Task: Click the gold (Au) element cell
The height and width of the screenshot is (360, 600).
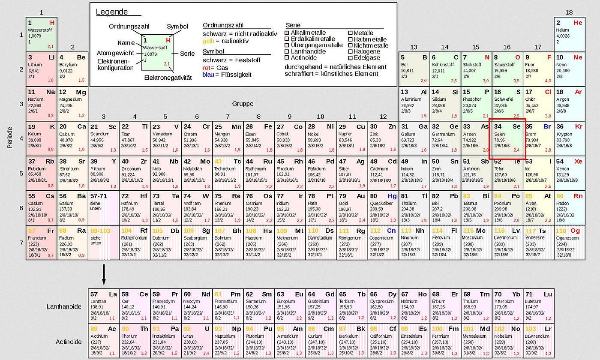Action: point(352,208)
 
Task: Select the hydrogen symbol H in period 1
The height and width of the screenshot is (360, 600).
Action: point(52,23)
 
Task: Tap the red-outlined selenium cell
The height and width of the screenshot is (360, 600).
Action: point(507,138)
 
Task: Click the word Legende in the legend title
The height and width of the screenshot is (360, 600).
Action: point(112,12)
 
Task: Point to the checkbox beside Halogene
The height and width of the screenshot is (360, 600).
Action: point(350,52)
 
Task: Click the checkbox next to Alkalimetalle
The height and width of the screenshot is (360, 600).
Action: point(287,33)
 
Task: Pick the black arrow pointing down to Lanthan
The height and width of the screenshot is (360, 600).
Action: point(103,274)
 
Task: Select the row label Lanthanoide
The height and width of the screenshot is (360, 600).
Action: point(64,306)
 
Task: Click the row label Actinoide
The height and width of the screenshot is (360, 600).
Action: point(68,342)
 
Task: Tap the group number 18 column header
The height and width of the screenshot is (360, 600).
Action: point(569,12)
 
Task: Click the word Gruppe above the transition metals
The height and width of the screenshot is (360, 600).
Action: point(243,104)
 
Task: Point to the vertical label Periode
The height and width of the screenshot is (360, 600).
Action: point(10,137)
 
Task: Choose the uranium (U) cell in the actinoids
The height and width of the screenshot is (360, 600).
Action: point(197,341)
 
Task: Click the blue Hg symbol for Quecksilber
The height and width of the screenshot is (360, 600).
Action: point(392,196)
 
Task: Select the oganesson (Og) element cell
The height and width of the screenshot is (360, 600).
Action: point(570,243)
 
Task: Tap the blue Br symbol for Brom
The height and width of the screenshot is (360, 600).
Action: point(547,127)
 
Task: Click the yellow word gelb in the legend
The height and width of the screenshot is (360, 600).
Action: point(208,41)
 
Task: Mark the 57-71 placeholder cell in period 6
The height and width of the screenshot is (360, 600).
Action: point(103,208)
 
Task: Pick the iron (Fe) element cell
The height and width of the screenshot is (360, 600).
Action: point(259,138)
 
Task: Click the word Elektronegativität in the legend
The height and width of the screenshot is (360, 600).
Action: point(168,78)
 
